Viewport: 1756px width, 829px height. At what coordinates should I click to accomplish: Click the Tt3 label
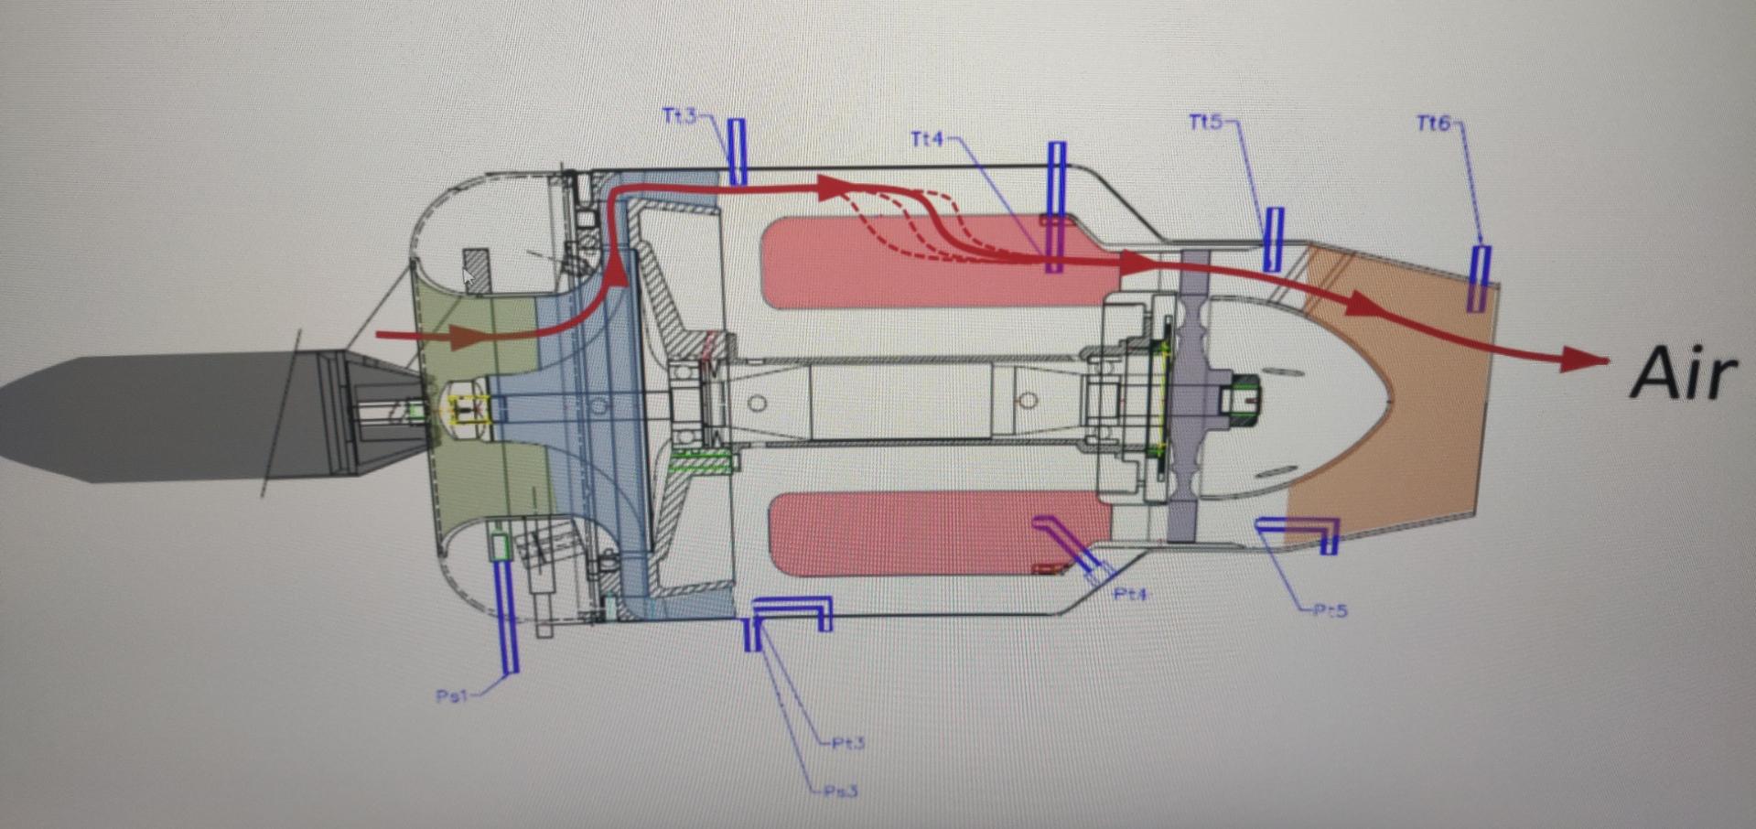pyautogui.click(x=679, y=116)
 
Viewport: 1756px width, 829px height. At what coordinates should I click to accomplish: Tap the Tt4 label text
pyautogui.click(x=927, y=139)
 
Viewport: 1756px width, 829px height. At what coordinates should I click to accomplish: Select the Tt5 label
pyautogui.click(x=1205, y=122)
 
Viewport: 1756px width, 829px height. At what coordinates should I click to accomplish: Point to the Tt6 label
pyautogui.click(x=1433, y=123)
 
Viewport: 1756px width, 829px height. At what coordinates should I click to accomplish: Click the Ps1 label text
pyautogui.click(x=451, y=696)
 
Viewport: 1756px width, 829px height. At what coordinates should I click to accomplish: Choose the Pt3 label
pyautogui.click(x=848, y=743)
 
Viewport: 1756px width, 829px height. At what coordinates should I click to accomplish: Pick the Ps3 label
pyautogui.click(x=840, y=791)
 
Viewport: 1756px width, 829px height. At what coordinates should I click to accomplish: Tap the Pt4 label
pyautogui.click(x=1131, y=595)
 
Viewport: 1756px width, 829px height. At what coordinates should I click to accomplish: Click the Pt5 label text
pyautogui.click(x=1330, y=610)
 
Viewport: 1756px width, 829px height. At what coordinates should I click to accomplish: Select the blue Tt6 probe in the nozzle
pyautogui.click(x=1479, y=278)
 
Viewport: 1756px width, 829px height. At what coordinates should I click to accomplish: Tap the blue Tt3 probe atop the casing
pyautogui.click(x=737, y=151)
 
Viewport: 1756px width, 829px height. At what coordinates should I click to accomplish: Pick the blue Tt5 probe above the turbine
pyautogui.click(x=1273, y=239)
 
